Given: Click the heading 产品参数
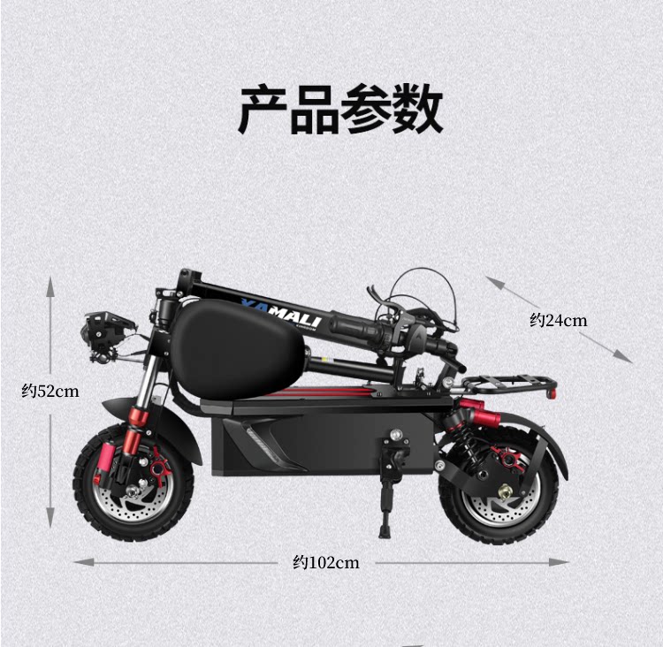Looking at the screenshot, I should (x=339, y=109).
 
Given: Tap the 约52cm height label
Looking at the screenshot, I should (x=50, y=391).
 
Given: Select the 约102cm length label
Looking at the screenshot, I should (x=326, y=562).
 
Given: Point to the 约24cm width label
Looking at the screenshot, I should (x=558, y=320).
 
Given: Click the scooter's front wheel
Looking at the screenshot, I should (x=133, y=483).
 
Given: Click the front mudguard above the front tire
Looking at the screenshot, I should (x=124, y=409).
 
